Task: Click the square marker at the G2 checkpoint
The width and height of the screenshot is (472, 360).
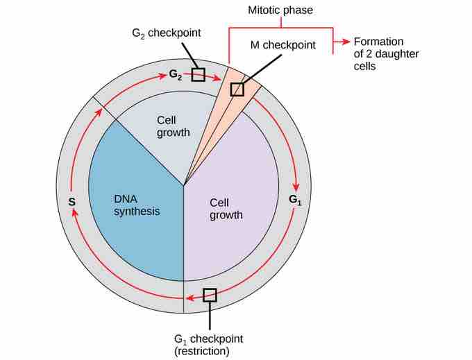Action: pos(199,74)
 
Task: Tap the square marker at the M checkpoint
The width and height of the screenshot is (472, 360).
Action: pos(237,89)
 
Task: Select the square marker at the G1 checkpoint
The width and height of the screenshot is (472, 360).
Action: pos(209,295)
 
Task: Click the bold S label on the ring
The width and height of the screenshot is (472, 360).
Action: pos(71,202)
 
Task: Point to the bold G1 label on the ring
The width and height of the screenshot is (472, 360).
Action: pos(295,201)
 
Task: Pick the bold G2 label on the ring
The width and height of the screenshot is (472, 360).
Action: pos(176,74)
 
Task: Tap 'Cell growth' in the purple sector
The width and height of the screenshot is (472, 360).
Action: pos(226,209)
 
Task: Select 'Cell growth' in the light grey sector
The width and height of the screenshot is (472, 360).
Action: pos(174,126)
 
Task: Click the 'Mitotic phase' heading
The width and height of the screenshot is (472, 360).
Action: pos(280,11)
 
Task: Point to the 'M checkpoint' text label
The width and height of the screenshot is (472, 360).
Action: pos(283,45)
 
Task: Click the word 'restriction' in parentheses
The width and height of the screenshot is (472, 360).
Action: pos(201,351)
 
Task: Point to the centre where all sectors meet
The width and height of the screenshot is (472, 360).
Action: pos(184,185)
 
